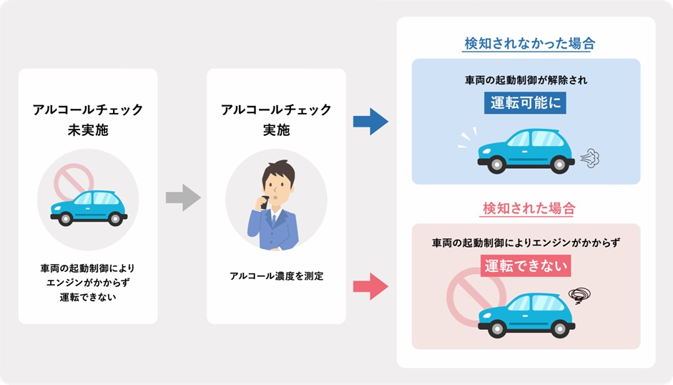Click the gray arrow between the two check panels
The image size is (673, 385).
183,198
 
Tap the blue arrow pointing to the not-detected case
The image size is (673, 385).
370,121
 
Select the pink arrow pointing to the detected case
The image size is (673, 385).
370,287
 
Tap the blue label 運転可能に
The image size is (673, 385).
526,103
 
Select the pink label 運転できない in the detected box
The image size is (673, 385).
526,267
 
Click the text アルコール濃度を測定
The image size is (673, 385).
276,276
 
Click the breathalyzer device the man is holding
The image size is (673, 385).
265,200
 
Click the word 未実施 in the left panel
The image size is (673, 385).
87,131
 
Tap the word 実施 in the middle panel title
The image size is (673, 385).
276,131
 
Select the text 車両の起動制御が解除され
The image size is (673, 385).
526,80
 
